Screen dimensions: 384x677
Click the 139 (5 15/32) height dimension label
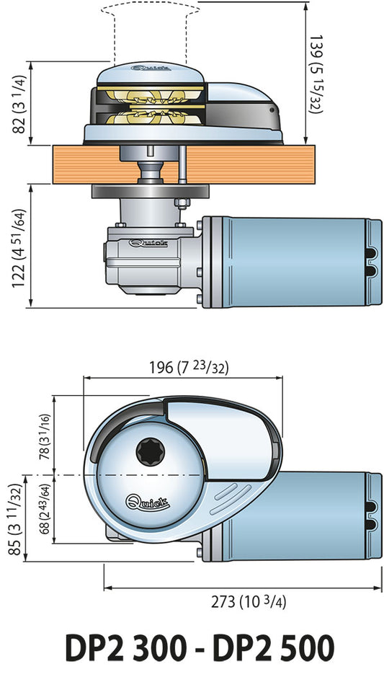[317, 74]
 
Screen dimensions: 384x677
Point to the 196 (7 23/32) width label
[189, 368]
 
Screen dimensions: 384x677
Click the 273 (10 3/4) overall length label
[249, 601]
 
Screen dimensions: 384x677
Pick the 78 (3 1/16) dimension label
[45, 436]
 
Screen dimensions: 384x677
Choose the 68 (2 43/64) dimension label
[45, 509]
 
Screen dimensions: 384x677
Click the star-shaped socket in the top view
[150, 452]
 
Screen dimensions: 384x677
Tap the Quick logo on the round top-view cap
[148, 503]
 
